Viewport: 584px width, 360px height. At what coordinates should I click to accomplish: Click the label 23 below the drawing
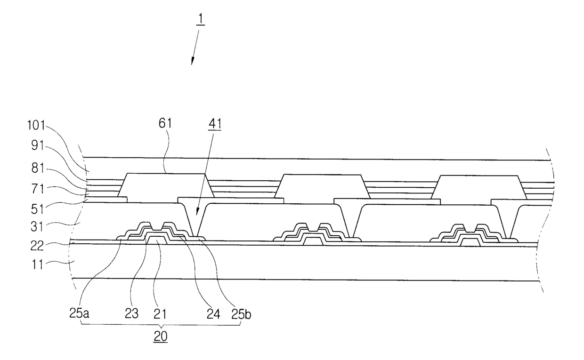point(132,313)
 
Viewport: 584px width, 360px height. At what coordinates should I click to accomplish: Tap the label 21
point(160,313)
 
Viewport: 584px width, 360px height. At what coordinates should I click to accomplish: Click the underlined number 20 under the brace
point(161,337)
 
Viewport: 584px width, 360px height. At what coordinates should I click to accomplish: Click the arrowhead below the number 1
point(192,62)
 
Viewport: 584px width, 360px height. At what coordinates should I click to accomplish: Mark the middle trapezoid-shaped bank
point(322,186)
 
